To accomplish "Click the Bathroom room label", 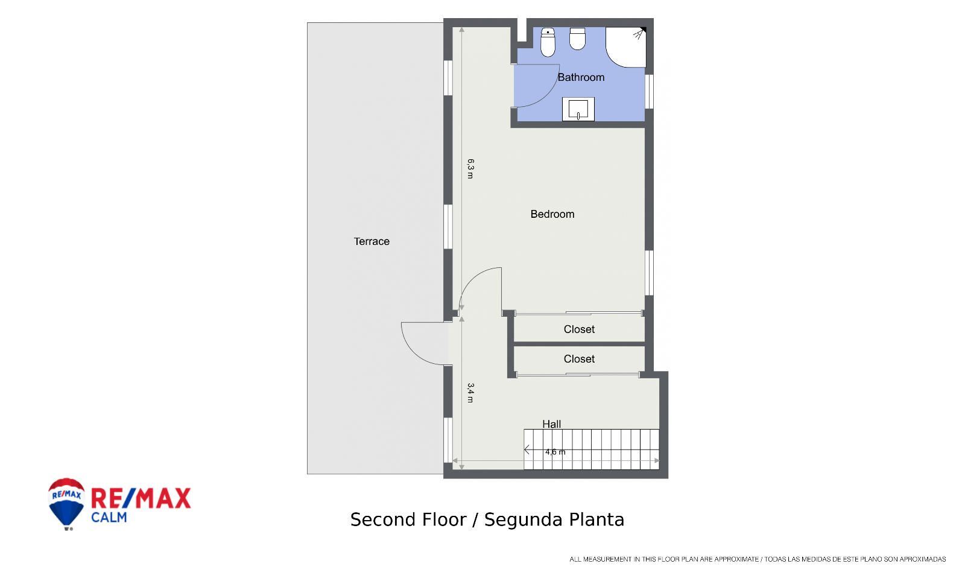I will tap(581, 77).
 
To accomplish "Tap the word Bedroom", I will tap(552, 214).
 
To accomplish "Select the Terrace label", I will tap(372, 241).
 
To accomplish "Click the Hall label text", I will tap(551, 424).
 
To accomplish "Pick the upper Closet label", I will tap(579, 329).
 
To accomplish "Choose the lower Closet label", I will tap(579, 359).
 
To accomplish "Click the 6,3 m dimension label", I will tap(470, 168).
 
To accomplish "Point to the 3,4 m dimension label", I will tap(470, 393).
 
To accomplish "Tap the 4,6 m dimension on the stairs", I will tap(555, 452).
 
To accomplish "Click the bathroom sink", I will tap(578, 109).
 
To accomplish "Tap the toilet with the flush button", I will tap(548, 42).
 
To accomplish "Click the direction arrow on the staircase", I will tap(527, 449).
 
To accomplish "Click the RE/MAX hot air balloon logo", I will tap(66, 503).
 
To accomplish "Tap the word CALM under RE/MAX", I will tap(109, 517).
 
